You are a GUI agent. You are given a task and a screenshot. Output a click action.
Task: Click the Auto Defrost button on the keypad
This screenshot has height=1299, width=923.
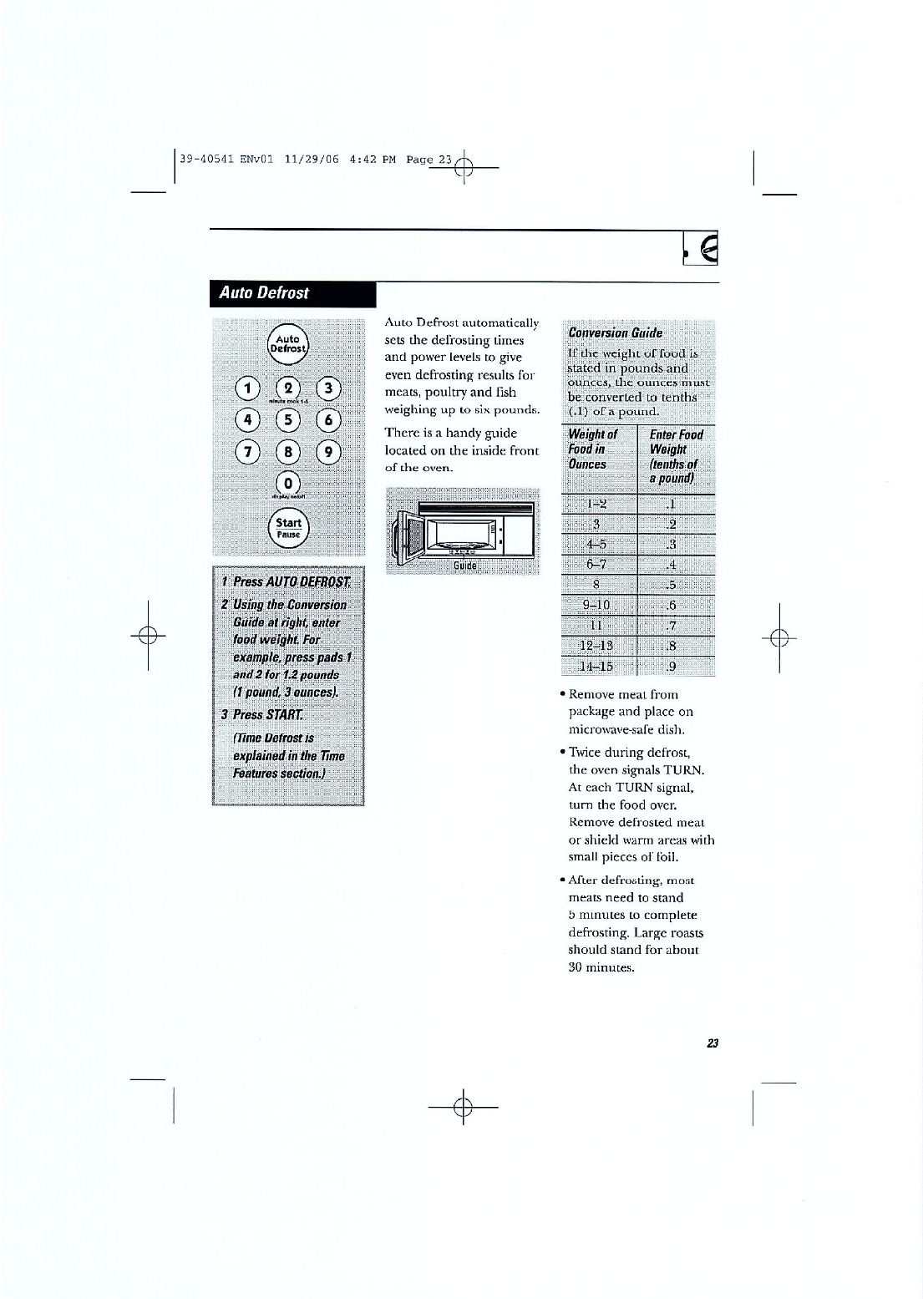tap(288, 343)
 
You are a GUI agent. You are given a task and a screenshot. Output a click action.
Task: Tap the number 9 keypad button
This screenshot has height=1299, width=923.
tap(329, 452)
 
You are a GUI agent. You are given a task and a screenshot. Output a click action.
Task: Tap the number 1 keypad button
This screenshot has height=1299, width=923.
tap(247, 387)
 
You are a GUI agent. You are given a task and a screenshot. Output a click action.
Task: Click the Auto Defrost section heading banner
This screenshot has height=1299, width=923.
tap(293, 293)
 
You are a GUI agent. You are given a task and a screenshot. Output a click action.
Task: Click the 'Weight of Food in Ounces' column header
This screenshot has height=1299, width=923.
tap(593, 449)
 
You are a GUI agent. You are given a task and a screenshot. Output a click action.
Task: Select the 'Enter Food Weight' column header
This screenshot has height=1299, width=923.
tap(676, 456)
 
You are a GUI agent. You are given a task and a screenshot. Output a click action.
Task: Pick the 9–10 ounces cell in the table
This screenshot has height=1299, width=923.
tap(598, 605)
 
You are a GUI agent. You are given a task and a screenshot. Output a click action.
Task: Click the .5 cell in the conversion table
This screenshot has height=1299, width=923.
tap(673, 584)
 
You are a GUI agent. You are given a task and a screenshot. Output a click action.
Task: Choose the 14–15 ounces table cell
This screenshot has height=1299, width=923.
tap(598, 666)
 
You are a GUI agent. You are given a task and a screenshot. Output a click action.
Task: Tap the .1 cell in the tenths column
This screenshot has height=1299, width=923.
tap(673, 504)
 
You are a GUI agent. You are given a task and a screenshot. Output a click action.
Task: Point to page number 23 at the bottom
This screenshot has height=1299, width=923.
tap(713, 1043)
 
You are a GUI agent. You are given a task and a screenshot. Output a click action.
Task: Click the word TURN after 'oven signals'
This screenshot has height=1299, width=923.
tap(687, 769)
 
